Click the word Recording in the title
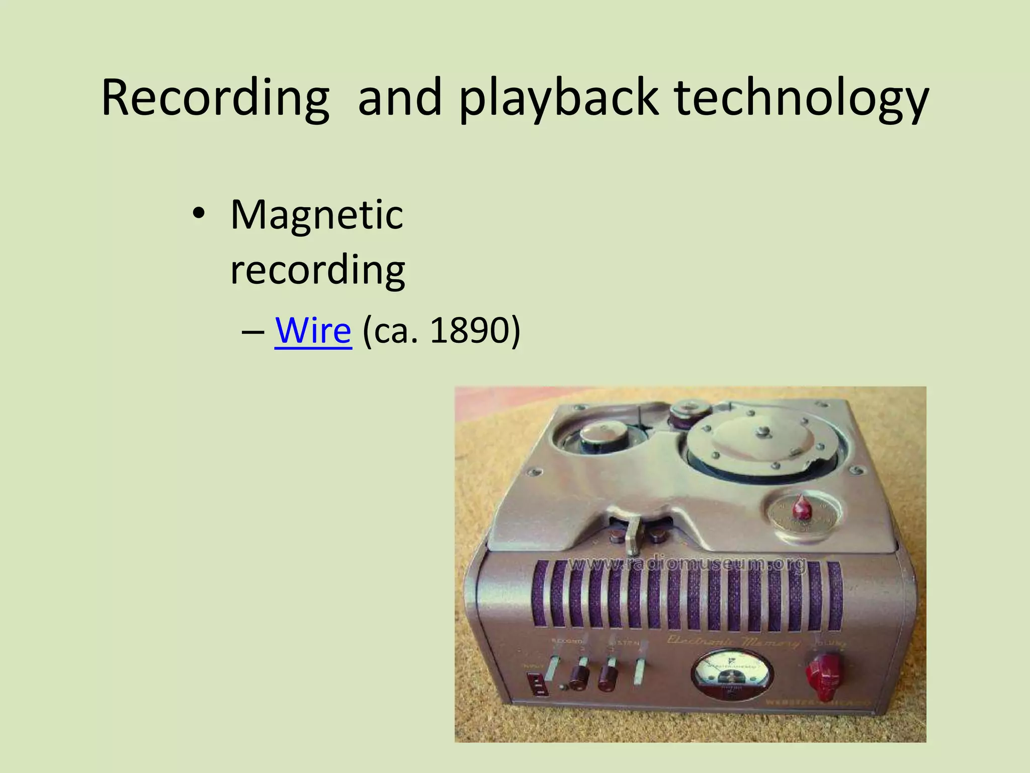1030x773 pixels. tap(215, 98)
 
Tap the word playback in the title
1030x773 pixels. tap(558, 98)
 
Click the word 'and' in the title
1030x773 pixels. tap(399, 98)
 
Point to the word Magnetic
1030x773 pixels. tap(317, 215)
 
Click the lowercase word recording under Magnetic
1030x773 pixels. tap(318, 270)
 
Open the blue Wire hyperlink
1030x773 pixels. tap(313, 331)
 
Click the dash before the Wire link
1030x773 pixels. tap(252, 332)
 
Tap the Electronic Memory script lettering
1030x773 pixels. tap(732, 642)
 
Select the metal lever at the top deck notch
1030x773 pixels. tap(635, 537)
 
